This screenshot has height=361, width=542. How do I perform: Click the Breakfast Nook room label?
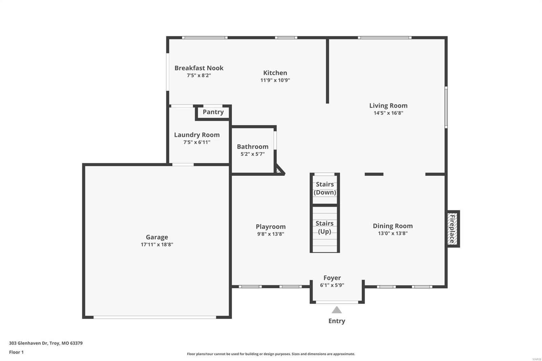click(x=199, y=68)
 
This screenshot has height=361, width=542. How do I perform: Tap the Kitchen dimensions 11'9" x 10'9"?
click(x=275, y=80)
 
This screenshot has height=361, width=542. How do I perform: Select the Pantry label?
click(x=213, y=112)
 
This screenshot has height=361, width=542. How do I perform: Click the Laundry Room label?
click(x=197, y=135)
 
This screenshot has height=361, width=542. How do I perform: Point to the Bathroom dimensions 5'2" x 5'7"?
click(x=252, y=154)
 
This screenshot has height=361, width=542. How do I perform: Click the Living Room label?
click(x=388, y=106)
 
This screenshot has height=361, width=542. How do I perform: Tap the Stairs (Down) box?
click(x=325, y=189)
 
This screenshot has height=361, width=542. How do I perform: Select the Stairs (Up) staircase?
click(x=325, y=229)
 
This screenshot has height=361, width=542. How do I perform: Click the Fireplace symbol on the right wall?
click(x=453, y=229)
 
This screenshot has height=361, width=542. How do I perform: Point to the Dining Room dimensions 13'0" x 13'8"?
click(x=393, y=233)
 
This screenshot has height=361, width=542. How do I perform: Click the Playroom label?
click(x=270, y=227)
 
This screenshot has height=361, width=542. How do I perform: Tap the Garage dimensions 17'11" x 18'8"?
click(x=157, y=245)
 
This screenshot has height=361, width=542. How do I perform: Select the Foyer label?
click(x=332, y=278)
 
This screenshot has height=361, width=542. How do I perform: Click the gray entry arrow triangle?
click(x=336, y=310)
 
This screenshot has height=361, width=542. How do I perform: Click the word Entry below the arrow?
click(x=336, y=321)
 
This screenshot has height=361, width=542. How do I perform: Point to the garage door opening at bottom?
click(x=155, y=317)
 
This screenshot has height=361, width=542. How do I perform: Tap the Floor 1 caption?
click(x=16, y=352)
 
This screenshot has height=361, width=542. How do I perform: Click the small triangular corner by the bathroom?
click(x=279, y=170)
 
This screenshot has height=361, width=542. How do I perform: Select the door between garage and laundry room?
click(x=183, y=165)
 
